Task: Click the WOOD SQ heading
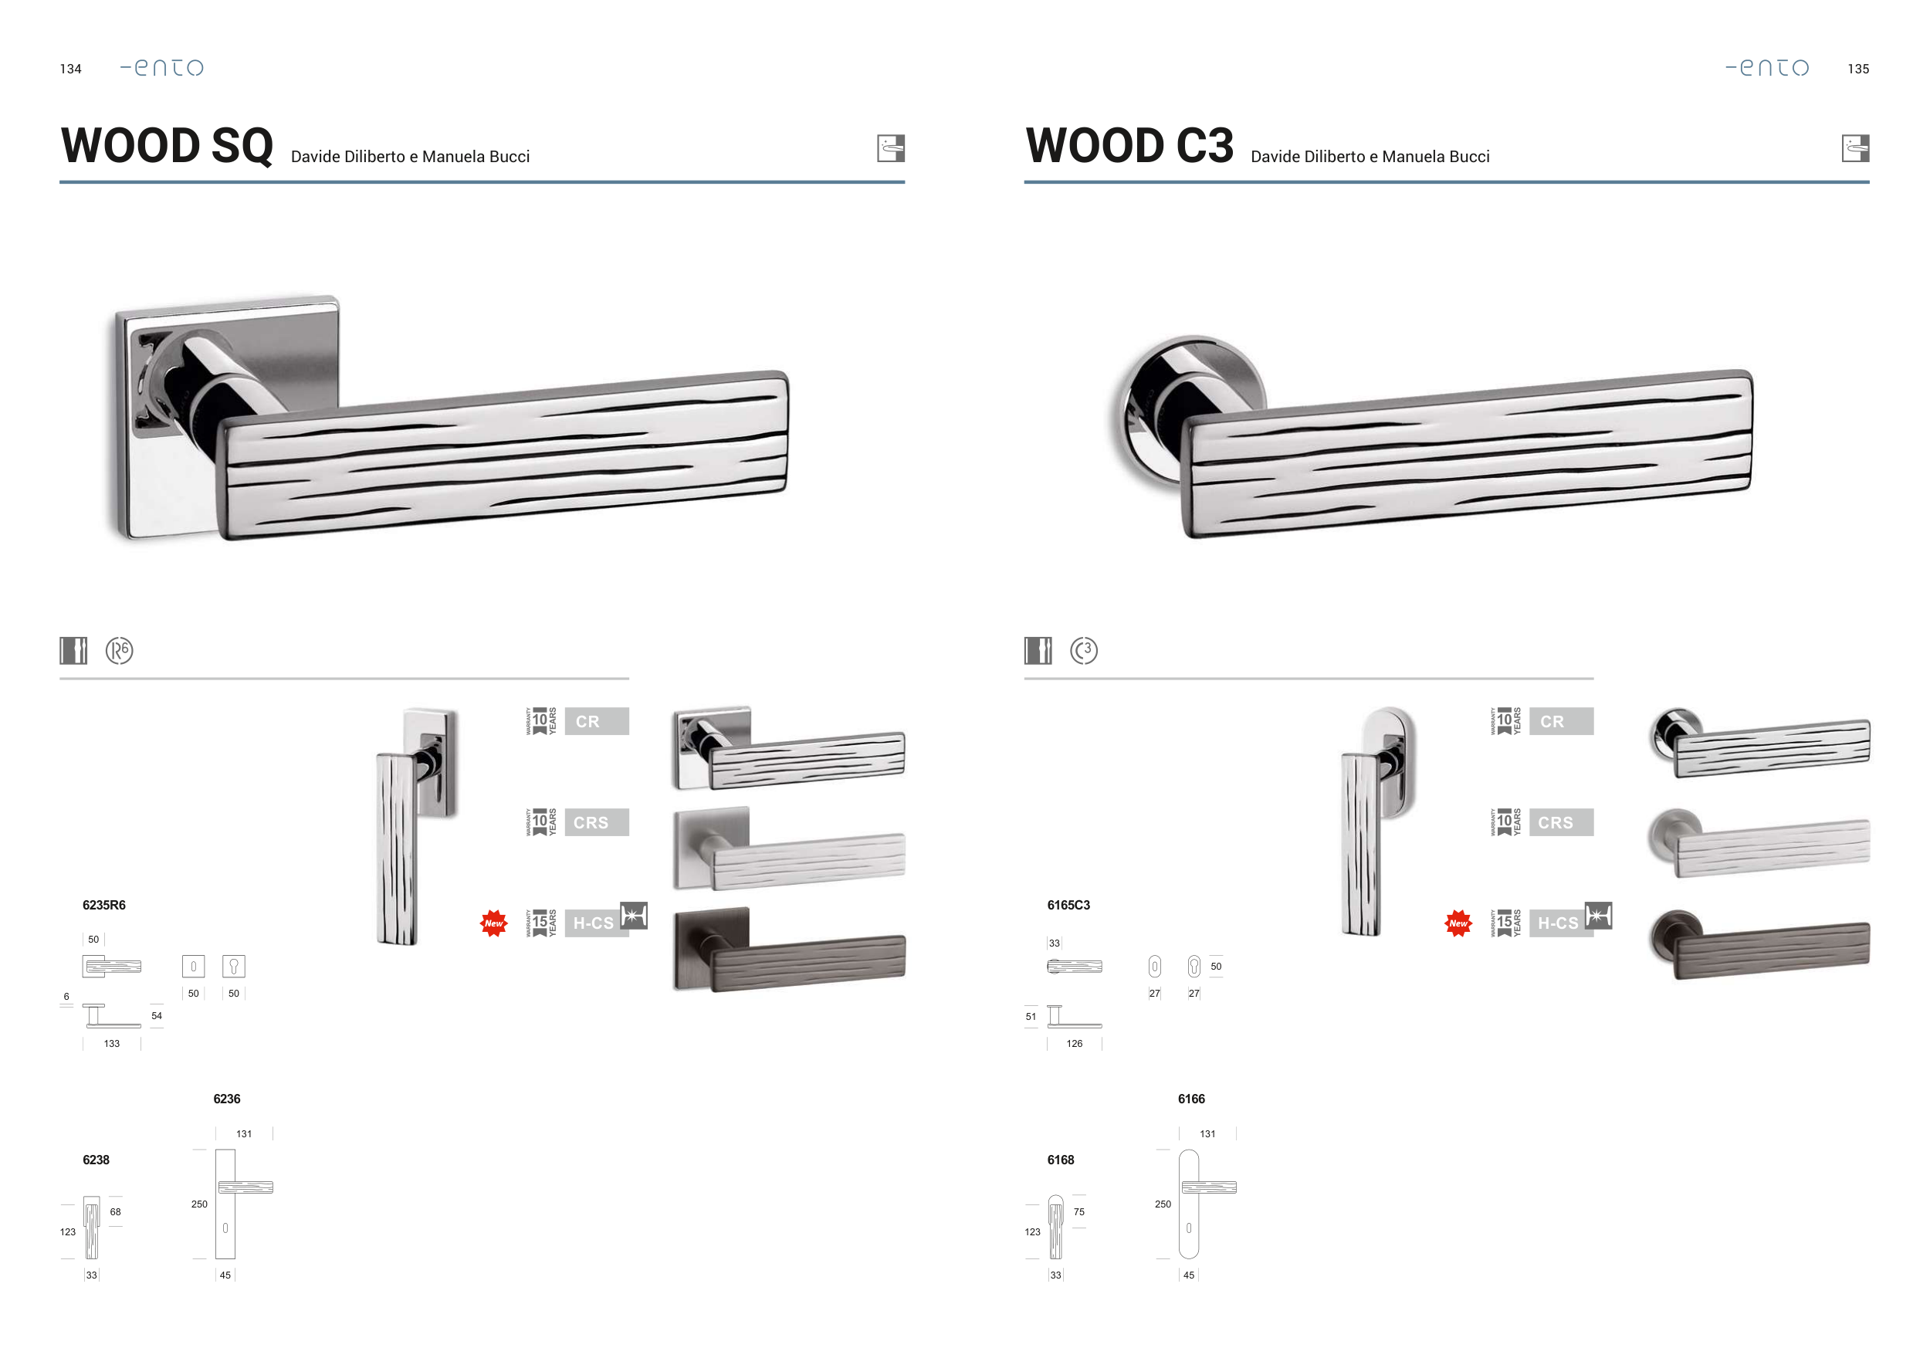point(168,145)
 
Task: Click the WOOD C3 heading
point(1129,145)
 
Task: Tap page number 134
point(70,69)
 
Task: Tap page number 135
point(1858,69)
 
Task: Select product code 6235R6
point(104,905)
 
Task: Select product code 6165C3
point(1068,905)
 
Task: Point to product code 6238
point(96,1160)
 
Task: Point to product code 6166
point(1191,1099)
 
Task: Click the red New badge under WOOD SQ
point(493,923)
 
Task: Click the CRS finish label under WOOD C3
point(1561,822)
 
